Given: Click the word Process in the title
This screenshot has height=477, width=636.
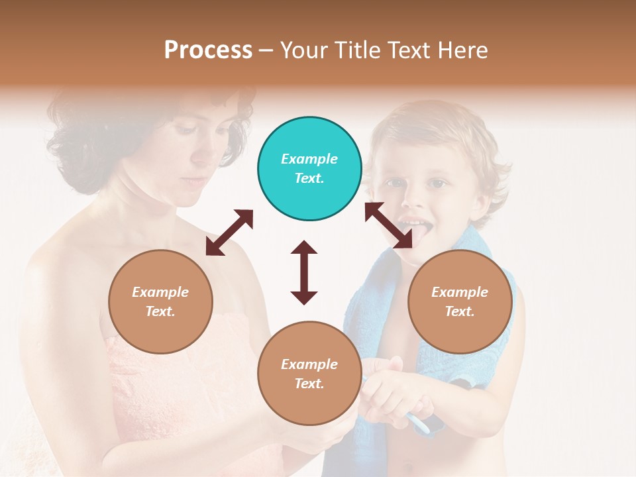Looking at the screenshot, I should pos(208,50).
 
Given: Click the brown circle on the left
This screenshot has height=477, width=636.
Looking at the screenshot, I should pos(160,301).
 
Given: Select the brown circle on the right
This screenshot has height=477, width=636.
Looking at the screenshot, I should pos(460,301).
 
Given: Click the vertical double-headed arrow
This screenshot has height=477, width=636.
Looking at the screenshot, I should pos(304,272).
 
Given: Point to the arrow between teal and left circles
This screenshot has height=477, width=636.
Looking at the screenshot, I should pos(229,233).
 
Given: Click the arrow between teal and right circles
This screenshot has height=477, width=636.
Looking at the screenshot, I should pos(388,225).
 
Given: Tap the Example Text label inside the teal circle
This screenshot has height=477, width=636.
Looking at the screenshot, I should pos(309,168).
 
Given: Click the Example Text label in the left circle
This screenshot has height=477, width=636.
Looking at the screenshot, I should pos(160,301).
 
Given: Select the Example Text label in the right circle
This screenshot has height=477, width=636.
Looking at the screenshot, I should pos(460,301).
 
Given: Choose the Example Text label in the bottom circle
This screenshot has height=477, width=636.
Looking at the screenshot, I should pos(309,374).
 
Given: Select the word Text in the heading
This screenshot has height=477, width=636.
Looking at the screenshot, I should pos(407,50).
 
